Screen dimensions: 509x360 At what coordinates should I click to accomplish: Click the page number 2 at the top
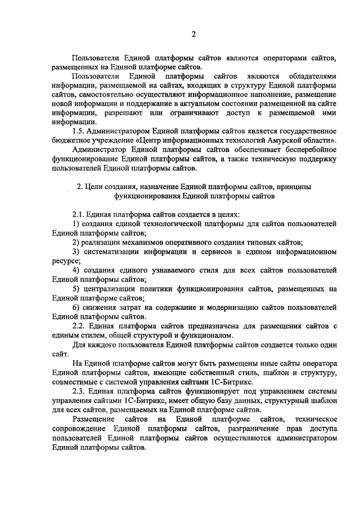[x=193, y=35]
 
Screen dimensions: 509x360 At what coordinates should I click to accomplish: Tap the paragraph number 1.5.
[x=80, y=130]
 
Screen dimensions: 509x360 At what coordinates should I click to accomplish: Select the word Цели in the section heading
[x=97, y=186]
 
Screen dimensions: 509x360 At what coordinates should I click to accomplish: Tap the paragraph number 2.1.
[x=80, y=215]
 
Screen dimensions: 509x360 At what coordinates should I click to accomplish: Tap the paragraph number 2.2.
[x=80, y=326]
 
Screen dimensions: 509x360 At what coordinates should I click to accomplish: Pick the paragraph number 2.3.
[x=80, y=391]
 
